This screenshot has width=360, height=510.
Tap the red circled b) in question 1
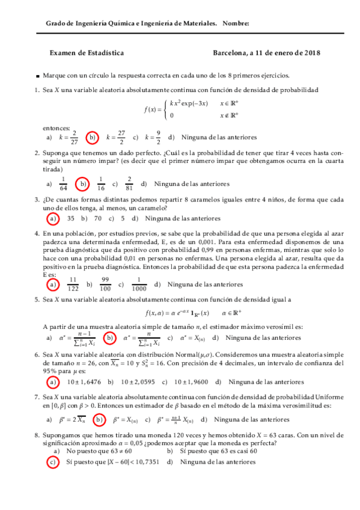click(x=93, y=137)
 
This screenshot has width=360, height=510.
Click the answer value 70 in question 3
click(x=97, y=218)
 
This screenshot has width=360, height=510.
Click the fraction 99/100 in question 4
click(x=105, y=284)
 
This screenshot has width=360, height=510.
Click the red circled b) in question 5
click(x=109, y=338)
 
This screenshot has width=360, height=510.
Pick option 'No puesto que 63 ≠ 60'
click(x=99, y=450)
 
